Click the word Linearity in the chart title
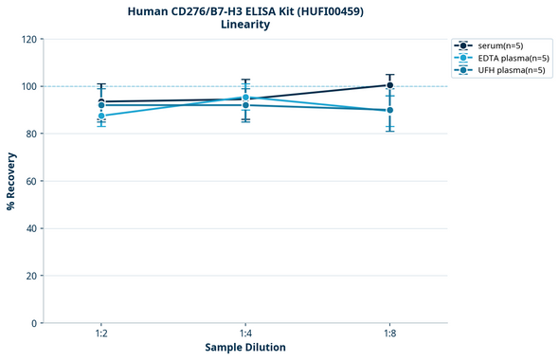click(244, 25)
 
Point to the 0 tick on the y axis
click(34, 323)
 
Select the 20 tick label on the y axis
click(31, 276)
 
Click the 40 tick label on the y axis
click(31, 228)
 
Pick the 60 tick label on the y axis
click(31, 181)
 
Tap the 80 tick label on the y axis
click(31, 134)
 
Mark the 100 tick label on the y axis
click(28, 86)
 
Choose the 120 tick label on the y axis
click(28, 39)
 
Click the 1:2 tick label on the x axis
click(101, 334)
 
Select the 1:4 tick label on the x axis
click(245, 334)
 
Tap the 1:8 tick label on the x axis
click(389, 334)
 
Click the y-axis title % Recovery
click(11, 181)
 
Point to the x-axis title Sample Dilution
click(245, 348)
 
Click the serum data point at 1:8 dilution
click(389, 85)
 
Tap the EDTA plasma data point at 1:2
click(101, 116)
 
